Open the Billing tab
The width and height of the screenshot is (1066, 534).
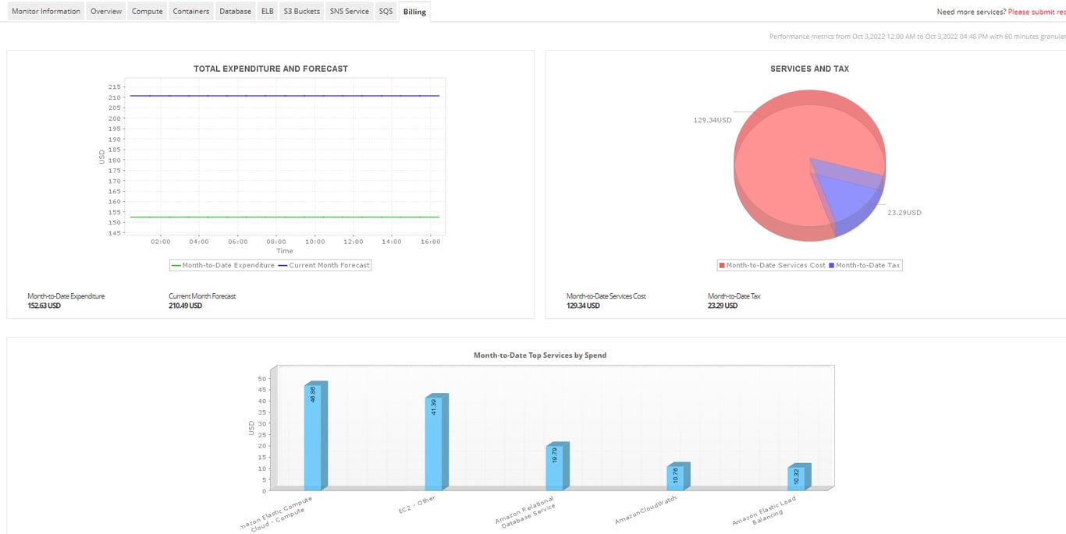414,12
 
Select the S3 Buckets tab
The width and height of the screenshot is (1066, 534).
301,12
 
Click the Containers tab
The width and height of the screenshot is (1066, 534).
191,12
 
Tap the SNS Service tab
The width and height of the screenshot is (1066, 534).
349,12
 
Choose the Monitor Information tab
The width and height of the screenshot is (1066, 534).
46,12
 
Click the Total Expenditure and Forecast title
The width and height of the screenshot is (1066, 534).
271,69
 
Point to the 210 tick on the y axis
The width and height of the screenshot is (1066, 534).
115,97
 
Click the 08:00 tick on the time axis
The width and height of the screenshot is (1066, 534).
276,242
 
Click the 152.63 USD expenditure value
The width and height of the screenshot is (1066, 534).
44,306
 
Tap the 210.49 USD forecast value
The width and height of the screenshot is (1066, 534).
185,306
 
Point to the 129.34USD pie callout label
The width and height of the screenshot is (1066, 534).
712,120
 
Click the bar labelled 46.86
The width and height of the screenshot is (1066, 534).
312,437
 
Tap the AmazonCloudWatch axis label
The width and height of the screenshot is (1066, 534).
646,509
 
